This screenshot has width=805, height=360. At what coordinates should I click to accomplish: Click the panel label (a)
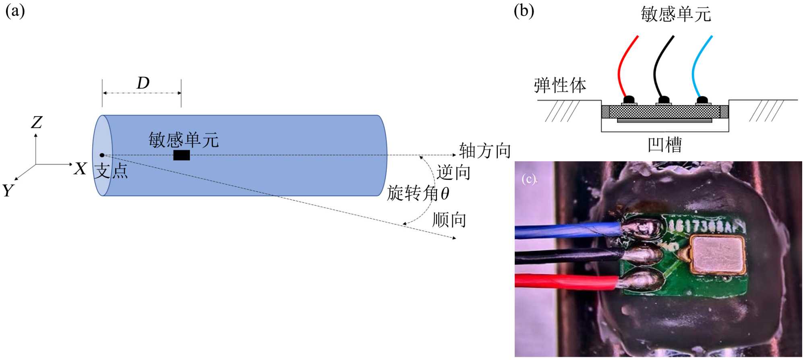click(x=15, y=11)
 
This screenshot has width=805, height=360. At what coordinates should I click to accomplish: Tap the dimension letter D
click(x=143, y=83)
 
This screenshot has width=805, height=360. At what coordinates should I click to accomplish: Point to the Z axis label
click(x=37, y=122)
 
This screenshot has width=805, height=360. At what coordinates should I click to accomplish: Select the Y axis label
click(x=8, y=190)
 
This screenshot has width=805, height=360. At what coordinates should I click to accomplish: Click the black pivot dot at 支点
click(x=102, y=155)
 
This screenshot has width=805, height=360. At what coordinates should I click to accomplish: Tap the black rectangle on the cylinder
click(x=181, y=155)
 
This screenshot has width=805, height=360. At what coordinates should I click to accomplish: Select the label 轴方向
click(x=485, y=151)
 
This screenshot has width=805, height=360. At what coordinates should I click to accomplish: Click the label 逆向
click(x=453, y=172)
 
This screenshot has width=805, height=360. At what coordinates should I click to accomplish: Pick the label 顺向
click(x=449, y=220)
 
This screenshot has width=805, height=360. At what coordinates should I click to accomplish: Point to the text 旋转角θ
click(x=418, y=194)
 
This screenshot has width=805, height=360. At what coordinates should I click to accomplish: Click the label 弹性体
click(x=560, y=86)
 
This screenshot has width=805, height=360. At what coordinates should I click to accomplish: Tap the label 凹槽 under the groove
click(x=664, y=145)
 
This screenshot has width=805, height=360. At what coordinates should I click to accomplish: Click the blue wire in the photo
click(x=564, y=231)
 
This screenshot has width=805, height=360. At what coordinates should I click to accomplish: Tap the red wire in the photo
click(x=564, y=281)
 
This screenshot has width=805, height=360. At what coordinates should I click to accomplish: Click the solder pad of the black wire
click(x=642, y=254)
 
